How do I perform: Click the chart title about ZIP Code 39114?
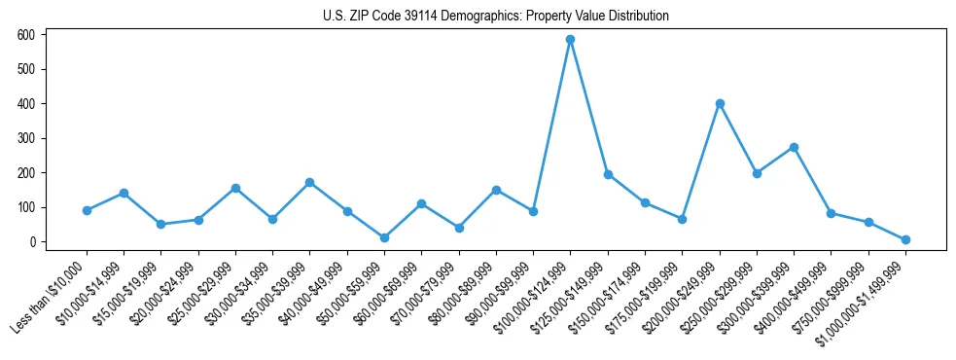click(x=496, y=17)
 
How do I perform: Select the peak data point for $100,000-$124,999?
click(x=571, y=40)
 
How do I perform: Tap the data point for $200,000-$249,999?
click(x=720, y=103)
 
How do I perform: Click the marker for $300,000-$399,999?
click(x=795, y=147)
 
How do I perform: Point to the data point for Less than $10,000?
click(x=87, y=210)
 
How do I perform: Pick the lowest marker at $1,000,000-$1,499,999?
click(x=905, y=239)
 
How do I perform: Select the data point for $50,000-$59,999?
click(x=384, y=237)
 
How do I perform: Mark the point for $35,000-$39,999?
click(x=309, y=182)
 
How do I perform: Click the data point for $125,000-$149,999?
click(x=608, y=174)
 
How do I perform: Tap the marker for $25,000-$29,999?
click(x=235, y=188)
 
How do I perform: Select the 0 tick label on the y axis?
click(x=32, y=242)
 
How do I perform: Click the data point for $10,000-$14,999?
click(x=124, y=193)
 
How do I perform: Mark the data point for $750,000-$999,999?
click(x=868, y=223)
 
